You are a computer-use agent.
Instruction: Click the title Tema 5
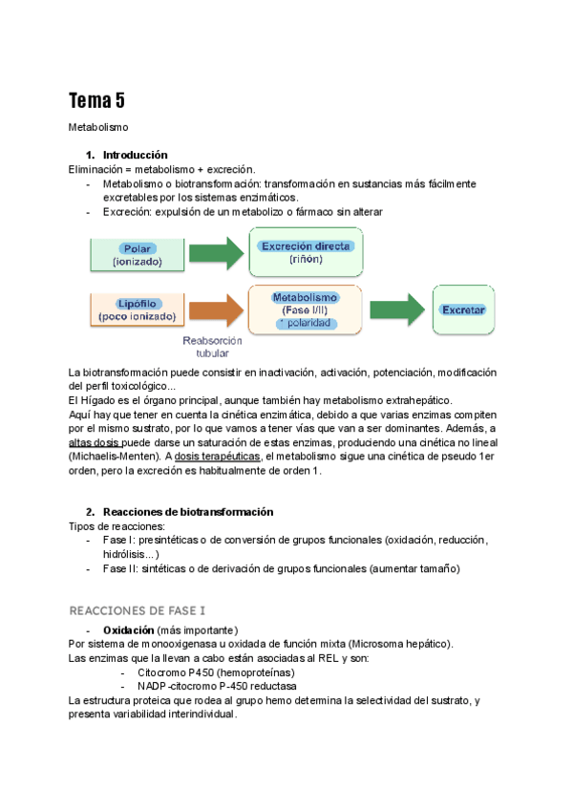[x=96, y=100]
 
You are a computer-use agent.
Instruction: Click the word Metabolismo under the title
[x=98, y=126]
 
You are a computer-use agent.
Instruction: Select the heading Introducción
[x=135, y=155]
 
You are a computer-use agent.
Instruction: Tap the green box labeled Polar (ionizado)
[x=137, y=253]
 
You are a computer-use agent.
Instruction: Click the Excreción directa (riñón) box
[x=306, y=251]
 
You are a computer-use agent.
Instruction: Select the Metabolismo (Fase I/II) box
[x=306, y=309]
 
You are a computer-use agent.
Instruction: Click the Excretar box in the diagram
[x=463, y=309]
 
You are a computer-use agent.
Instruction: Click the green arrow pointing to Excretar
[x=396, y=309]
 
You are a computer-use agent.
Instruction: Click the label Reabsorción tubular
[x=212, y=346]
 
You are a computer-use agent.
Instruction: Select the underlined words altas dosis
[x=94, y=442]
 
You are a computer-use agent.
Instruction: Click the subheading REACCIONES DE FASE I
[x=137, y=609]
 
